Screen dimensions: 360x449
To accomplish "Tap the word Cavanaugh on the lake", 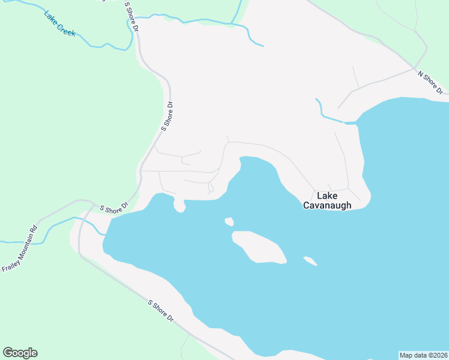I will tap(327, 205).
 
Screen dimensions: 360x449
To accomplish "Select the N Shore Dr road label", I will tap(430, 82).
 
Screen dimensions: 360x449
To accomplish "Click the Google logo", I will tap(20, 353).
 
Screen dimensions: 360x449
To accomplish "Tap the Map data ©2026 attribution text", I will tap(423, 355).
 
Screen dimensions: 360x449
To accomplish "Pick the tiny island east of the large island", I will tap(310, 260).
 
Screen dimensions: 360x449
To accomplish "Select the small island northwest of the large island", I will tap(229, 221).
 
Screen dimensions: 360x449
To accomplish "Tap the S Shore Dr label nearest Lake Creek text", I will tap(131, 17).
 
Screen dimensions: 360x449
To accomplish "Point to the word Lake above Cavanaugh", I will tap(327, 196).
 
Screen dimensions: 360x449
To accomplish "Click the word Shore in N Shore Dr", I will tap(430, 82).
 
